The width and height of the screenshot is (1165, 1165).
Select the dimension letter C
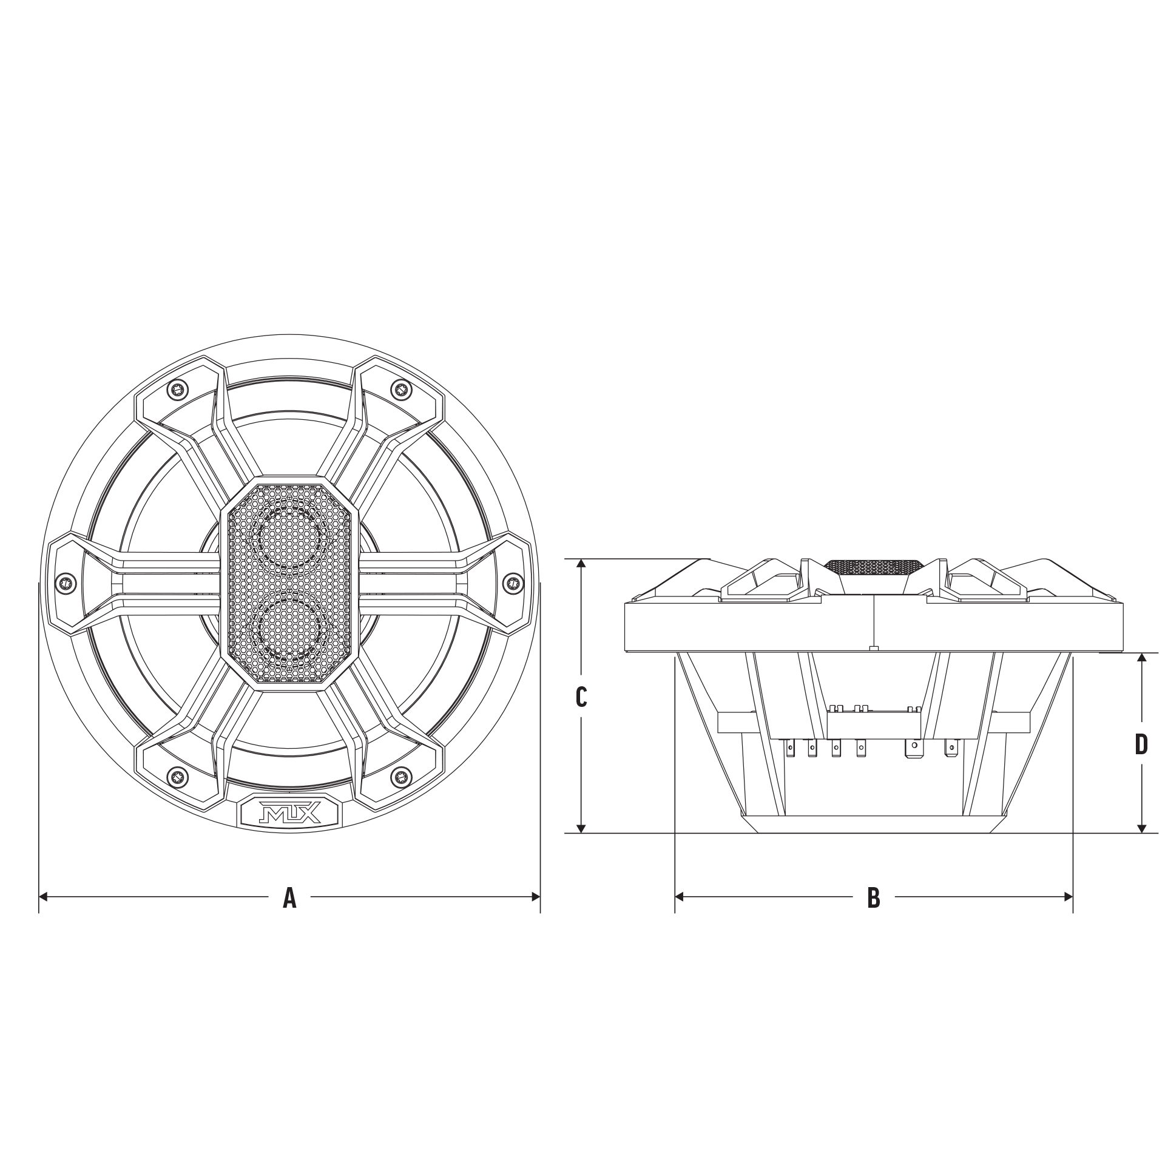[581, 697]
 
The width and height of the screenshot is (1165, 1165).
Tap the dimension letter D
[1141, 745]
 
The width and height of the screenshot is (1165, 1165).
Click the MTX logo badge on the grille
[289, 811]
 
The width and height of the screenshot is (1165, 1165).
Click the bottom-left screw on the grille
[177, 774]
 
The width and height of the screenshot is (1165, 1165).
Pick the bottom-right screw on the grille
[400, 774]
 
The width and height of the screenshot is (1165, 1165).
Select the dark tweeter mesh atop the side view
[874, 566]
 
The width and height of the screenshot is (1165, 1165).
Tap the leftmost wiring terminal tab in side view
[791, 750]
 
